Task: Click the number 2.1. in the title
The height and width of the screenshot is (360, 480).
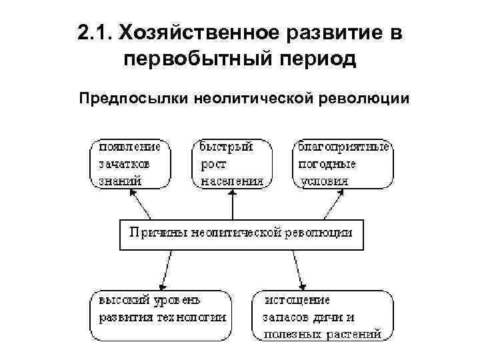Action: pyautogui.click(x=95, y=32)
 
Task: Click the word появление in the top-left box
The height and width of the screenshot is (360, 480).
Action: pyautogui.click(x=130, y=147)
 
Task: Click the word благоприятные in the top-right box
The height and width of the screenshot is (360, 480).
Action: pyautogui.click(x=343, y=147)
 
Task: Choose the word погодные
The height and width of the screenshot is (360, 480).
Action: pyautogui.click(x=327, y=163)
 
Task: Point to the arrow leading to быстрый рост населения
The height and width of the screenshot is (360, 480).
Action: pyautogui.click(x=232, y=204)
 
